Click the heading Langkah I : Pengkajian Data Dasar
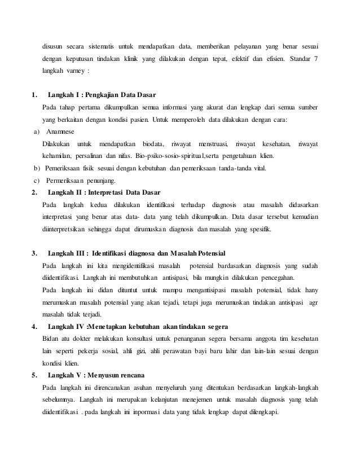point(102,94)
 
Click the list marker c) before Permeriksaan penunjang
point(36,181)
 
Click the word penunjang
point(99,181)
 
